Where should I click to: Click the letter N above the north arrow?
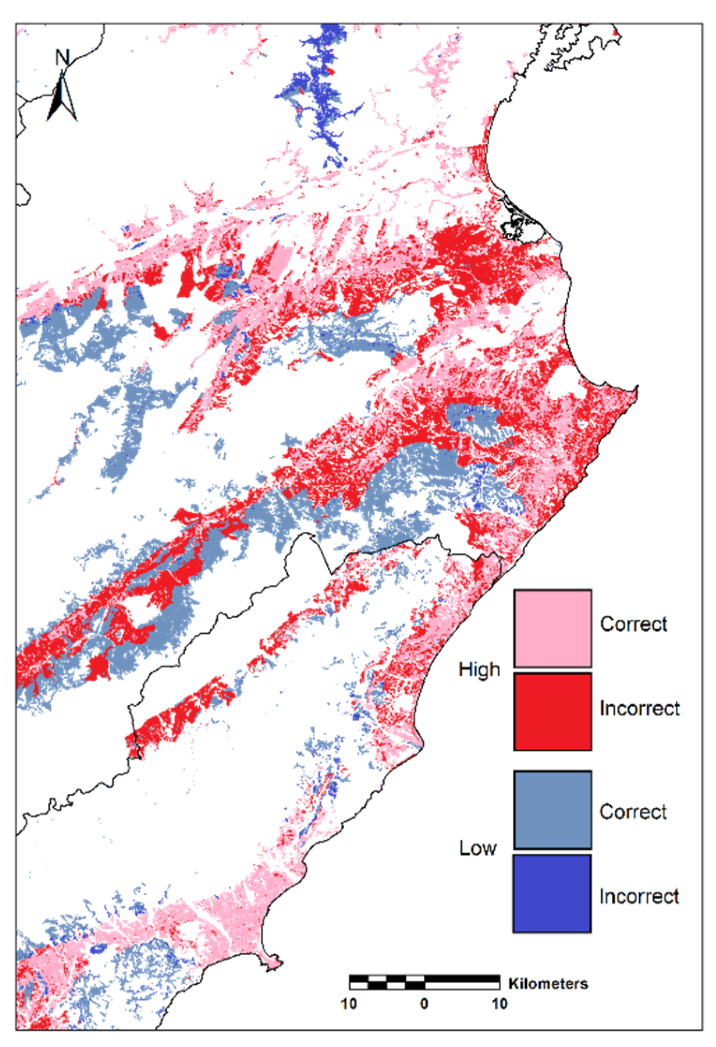coord(62,57)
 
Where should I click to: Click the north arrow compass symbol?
coord(61,99)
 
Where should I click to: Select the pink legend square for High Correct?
coord(552,628)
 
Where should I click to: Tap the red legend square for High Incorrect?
coord(552,711)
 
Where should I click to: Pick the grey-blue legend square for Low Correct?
coord(552,810)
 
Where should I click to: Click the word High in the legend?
coord(479,669)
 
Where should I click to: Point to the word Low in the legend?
coord(477,848)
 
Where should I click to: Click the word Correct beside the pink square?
coord(633,624)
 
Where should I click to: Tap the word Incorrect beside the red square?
coord(639,708)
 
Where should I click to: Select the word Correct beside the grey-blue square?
coord(633,812)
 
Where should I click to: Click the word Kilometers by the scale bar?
coord(548,983)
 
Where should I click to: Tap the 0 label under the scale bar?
coord(424,1003)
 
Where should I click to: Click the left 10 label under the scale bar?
coord(349,1003)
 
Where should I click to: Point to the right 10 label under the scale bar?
coord(499,1003)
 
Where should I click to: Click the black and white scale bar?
coord(424,982)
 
